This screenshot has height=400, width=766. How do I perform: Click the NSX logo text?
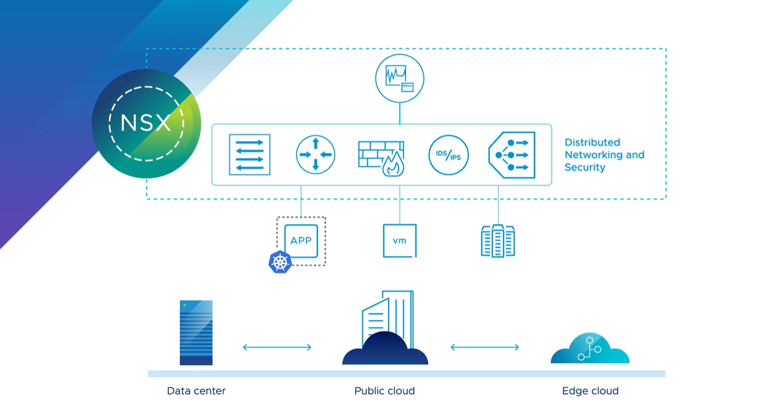tap(145, 123)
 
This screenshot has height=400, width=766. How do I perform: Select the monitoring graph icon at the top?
tap(400, 78)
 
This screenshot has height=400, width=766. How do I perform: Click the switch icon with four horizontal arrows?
tap(250, 155)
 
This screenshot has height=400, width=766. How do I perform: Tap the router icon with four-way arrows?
tap(316, 155)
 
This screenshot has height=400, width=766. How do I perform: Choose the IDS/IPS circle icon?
tap(448, 155)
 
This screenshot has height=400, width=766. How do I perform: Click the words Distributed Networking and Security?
tap(604, 155)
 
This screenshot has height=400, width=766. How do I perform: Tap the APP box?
tap(301, 241)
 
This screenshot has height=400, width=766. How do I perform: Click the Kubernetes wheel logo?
tap(280, 262)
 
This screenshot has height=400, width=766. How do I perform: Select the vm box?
tap(400, 241)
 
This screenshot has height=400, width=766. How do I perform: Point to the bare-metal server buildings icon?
tap(498, 241)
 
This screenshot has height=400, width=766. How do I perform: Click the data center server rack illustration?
tap(196, 332)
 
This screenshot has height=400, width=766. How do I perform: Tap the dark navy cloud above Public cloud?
tap(385, 350)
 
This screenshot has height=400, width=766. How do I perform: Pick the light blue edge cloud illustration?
tap(589, 349)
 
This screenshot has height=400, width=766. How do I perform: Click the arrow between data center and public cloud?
tap(277, 347)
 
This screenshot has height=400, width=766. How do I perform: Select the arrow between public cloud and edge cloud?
tap(484, 347)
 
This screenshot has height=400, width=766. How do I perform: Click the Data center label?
tap(196, 391)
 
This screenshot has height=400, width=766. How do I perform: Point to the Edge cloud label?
tap(590, 391)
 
